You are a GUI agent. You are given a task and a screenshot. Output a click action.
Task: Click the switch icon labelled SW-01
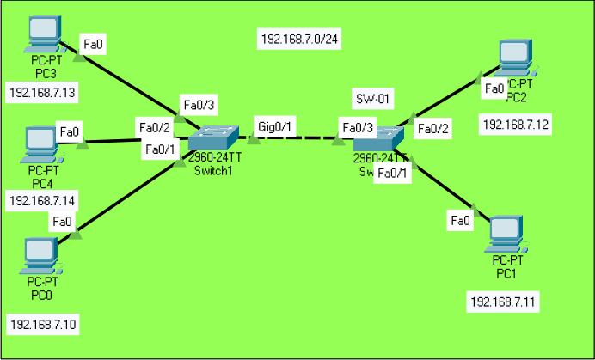(378, 138)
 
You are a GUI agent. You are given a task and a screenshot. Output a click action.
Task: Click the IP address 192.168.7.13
(41, 92)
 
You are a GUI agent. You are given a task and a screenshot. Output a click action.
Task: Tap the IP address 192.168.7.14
(41, 201)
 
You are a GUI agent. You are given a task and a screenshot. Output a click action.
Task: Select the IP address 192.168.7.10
(41, 325)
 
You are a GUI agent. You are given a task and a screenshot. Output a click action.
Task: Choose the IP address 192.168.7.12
(516, 125)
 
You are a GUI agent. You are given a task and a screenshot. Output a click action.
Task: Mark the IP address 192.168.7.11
(504, 302)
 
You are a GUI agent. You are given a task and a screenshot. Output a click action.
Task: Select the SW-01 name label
(374, 99)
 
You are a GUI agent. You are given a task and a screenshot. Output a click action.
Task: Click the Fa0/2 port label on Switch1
(154, 128)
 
